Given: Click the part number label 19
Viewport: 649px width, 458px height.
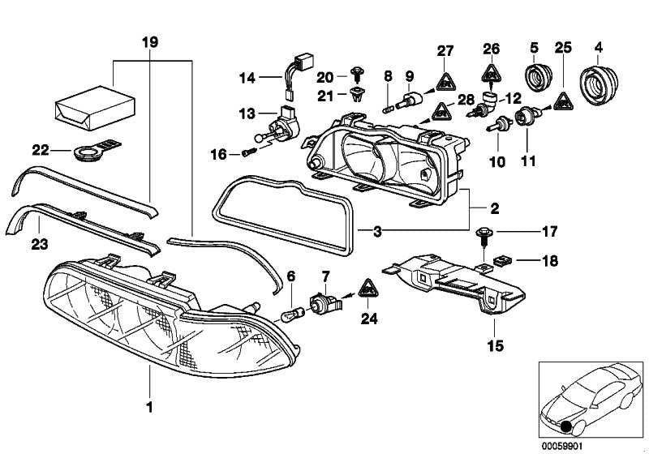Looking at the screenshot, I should click(x=151, y=41).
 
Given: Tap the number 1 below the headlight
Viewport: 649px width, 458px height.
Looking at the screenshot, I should click(x=149, y=403).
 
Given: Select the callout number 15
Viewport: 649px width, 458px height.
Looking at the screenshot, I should click(x=495, y=346).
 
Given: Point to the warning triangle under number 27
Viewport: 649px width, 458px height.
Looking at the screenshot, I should click(x=445, y=79).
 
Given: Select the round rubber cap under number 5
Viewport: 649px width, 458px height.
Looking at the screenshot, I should click(x=535, y=78).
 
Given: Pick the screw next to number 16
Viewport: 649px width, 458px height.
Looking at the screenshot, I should click(x=249, y=152).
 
